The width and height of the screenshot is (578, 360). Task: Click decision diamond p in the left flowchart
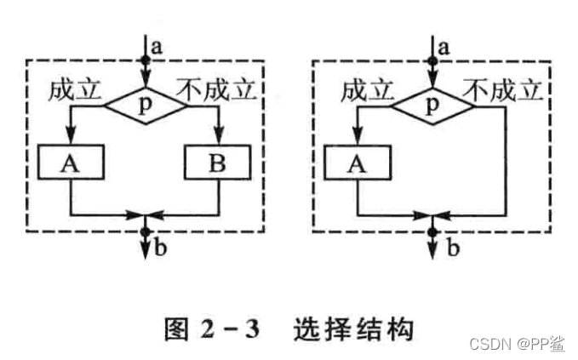[x=145, y=106]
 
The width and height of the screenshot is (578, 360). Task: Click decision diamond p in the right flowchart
[x=433, y=106]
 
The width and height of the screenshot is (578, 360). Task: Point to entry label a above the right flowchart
[x=444, y=42]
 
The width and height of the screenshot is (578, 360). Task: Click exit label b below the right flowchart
[x=453, y=249]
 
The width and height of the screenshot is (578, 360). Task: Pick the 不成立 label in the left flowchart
[x=216, y=88]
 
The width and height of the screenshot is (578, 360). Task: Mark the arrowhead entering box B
[x=218, y=140]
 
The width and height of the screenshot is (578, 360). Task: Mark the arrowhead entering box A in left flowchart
[x=72, y=140]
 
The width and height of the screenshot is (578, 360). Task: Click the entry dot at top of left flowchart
[x=145, y=60]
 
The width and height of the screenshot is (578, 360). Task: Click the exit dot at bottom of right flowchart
[x=433, y=231]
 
